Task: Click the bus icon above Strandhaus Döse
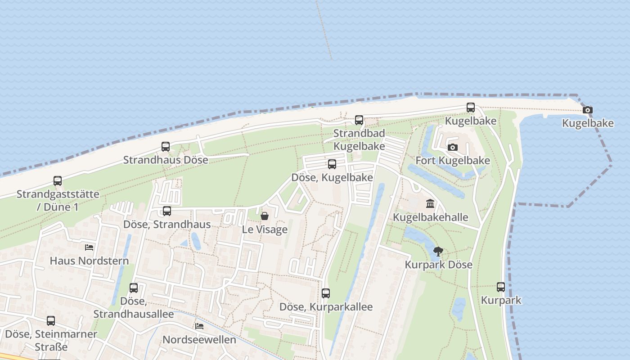166,147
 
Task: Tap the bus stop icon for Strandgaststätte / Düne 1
58,181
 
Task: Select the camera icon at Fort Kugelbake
453,147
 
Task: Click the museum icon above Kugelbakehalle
430,204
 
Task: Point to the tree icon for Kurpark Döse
438,252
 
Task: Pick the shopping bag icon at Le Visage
265,216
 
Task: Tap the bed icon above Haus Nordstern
89,247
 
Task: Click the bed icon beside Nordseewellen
199,326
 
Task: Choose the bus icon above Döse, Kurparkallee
326,293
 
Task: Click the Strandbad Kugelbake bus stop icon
359,120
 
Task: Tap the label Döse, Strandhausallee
134,307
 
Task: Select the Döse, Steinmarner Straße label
51,340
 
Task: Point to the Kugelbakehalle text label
431,217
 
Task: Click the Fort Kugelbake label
453,161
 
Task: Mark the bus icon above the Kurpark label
501,287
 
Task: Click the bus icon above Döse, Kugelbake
332,164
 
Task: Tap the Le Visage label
265,229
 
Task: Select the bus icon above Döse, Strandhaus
167,211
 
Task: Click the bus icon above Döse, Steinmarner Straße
51,321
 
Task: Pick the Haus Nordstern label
89,261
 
